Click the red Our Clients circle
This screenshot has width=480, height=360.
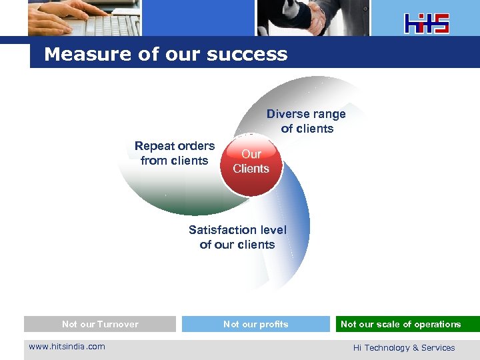click(x=251, y=162)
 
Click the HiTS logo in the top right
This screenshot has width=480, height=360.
click(x=427, y=23)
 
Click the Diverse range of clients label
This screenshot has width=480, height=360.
click(x=306, y=121)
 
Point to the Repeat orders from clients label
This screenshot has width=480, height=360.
click(x=175, y=153)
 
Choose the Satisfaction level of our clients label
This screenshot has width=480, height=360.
click(x=237, y=237)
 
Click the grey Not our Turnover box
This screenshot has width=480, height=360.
click(x=100, y=324)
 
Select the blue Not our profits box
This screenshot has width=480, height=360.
click(x=256, y=324)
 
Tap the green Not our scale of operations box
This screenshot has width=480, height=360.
click(x=407, y=324)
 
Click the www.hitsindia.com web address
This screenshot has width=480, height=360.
click(x=67, y=346)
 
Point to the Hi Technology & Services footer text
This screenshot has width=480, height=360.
click(x=404, y=347)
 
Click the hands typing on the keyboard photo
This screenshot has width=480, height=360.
click(x=84, y=17)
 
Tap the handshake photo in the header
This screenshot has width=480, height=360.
click(x=313, y=17)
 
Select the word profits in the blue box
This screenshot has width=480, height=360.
click(x=275, y=324)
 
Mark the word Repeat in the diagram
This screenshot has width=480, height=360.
click(x=153, y=145)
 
